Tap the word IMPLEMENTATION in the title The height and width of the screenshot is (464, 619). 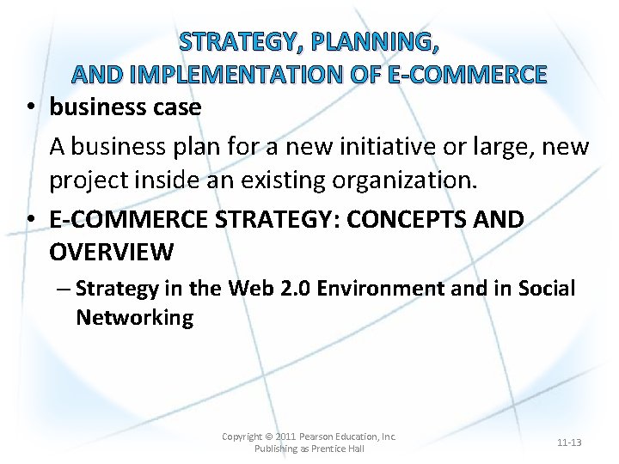click(236, 75)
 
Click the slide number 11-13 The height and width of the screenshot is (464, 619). click(568, 443)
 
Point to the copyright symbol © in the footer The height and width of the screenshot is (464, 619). click(268, 437)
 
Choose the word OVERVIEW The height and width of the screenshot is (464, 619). click(111, 253)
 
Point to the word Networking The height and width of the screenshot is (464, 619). click(134, 318)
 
